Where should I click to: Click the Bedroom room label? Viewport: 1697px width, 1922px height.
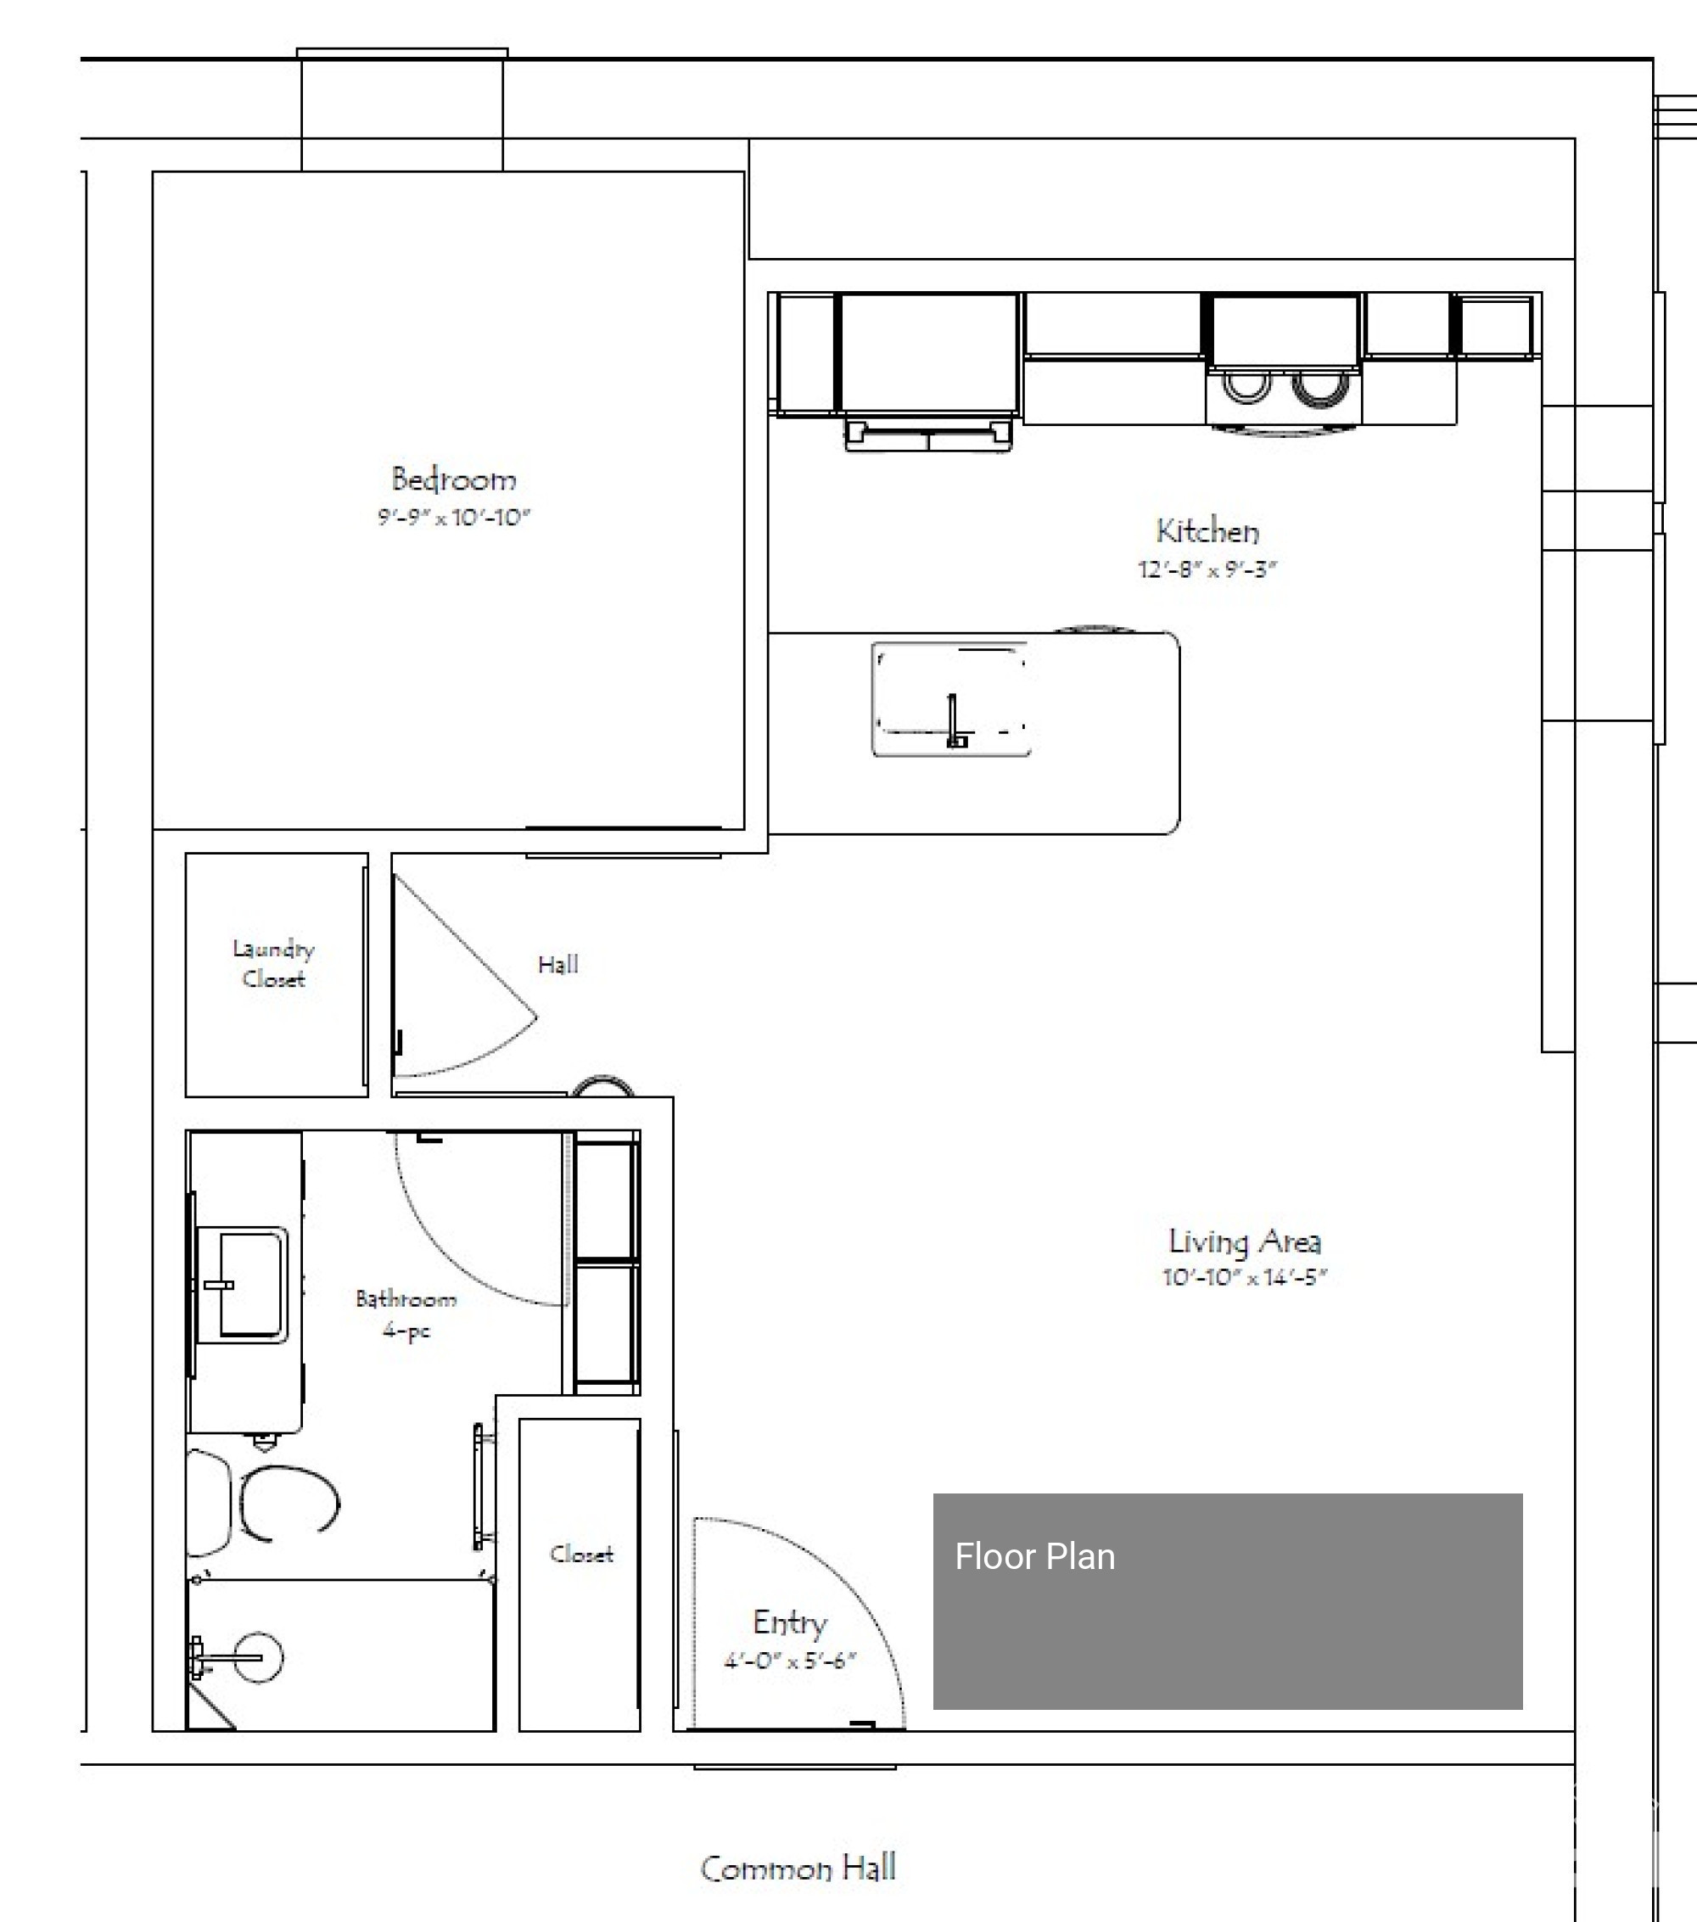tap(453, 479)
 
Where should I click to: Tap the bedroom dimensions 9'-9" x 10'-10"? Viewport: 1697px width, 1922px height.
tap(454, 517)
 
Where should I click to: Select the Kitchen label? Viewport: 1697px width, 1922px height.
tap(1207, 531)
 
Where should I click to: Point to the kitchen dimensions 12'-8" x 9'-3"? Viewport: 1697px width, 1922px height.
tap(1207, 569)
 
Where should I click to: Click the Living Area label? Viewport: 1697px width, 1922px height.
tap(1244, 1241)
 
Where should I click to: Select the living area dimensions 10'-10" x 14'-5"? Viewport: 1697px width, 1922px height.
tap(1244, 1277)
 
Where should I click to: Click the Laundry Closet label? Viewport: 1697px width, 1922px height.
tap(273, 963)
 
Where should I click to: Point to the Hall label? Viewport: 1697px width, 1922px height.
tap(557, 964)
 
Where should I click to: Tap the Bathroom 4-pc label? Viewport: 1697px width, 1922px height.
tap(406, 1314)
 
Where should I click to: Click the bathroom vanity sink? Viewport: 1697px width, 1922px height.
tap(242, 1285)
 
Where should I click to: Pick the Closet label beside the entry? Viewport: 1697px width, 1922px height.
tap(581, 1555)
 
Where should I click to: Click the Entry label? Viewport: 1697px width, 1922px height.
tap(790, 1622)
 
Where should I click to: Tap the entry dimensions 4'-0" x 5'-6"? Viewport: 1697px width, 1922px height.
tap(790, 1661)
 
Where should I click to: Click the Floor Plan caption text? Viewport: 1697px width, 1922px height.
tap(1034, 1556)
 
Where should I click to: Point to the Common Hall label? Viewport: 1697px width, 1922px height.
tap(798, 1868)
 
